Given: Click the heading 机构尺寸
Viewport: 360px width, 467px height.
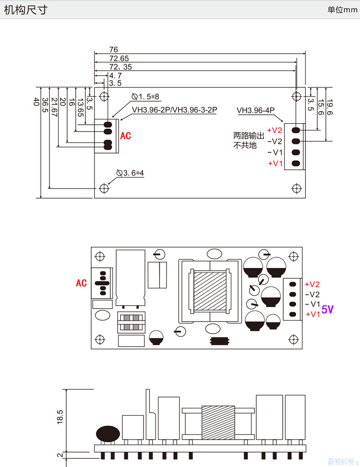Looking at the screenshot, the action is (x=25, y=10).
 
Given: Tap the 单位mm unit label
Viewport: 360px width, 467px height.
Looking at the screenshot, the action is (x=342, y=10).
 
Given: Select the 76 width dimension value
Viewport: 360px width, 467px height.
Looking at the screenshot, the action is (x=113, y=49).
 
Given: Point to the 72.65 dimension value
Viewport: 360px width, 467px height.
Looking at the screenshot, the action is (x=119, y=59).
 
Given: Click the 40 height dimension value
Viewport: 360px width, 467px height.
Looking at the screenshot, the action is (x=36, y=102).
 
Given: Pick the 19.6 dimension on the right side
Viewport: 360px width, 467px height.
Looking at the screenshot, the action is (x=329, y=107).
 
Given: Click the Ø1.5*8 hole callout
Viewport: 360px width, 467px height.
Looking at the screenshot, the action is (x=145, y=96).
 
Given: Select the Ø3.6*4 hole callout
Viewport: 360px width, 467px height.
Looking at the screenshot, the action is (x=130, y=173).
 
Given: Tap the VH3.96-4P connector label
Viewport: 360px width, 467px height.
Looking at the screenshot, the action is (x=255, y=110).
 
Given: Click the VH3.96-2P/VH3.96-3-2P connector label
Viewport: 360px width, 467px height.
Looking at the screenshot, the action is (x=175, y=110).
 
